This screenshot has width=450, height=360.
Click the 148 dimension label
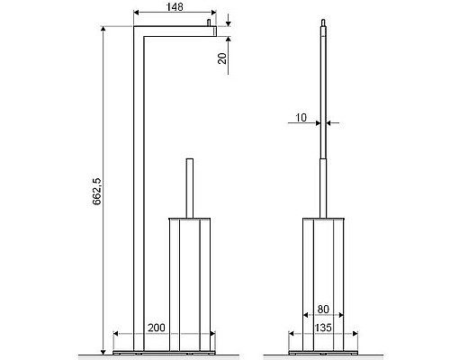click(175, 6)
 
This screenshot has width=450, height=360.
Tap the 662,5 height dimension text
click(97, 192)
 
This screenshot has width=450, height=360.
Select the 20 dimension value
click(222, 58)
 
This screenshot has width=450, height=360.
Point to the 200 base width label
click(157, 328)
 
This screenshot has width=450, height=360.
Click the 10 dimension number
click(301, 117)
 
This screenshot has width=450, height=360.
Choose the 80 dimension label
click(323, 309)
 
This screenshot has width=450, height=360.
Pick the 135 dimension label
click(323, 328)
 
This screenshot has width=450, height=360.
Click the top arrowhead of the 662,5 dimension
click(103, 29)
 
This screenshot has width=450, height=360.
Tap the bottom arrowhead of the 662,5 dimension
click(103, 352)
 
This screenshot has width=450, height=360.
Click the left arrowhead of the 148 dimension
click(136, 13)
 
